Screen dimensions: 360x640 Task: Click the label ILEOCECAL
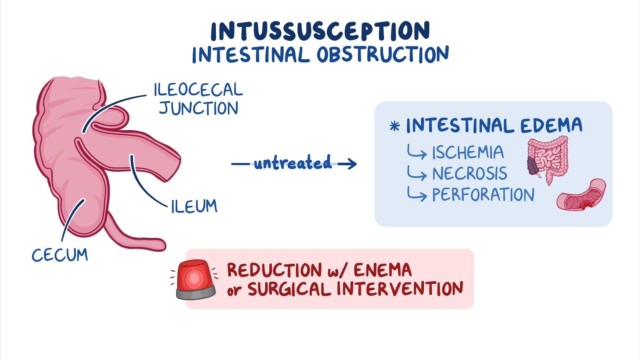point(198,90)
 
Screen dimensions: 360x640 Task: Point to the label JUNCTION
point(199,109)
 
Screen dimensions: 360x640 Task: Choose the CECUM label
point(60,255)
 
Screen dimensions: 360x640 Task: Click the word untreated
point(293,163)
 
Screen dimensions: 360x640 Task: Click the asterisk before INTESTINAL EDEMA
point(395,127)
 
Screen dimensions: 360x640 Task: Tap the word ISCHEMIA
point(468,153)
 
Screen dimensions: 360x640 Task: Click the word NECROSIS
point(470,174)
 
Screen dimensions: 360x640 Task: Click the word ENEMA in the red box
point(383,270)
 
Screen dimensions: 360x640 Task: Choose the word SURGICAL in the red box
point(289,289)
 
